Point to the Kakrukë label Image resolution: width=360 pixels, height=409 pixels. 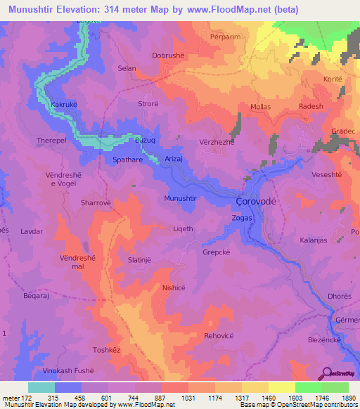65,104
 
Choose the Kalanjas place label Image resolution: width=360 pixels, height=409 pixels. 315,241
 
